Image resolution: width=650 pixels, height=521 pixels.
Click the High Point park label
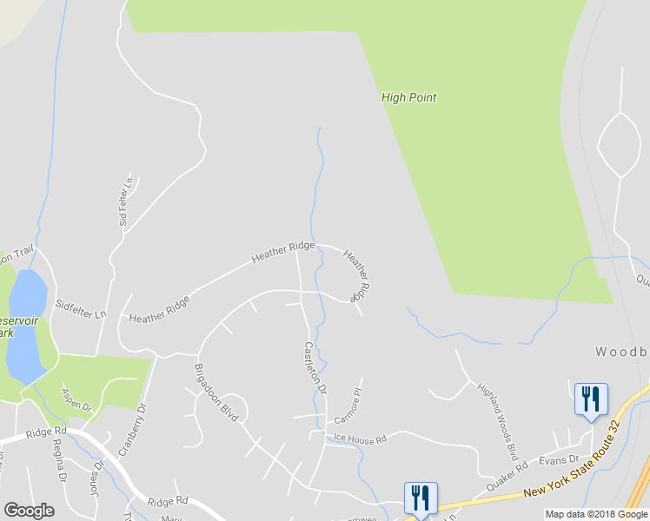[408, 97]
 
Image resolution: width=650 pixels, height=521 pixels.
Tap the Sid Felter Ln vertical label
[127, 201]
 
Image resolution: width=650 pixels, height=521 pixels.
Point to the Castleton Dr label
[315, 366]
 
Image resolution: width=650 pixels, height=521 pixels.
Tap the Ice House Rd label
[358, 440]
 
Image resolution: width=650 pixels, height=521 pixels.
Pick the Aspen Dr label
[76, 399]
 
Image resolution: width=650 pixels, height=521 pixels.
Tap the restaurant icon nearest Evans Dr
[591, 399]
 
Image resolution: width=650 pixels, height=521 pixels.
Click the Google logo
[29, 511]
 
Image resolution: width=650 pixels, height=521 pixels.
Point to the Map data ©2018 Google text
[596, 514]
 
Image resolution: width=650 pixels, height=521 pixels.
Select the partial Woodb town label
[622, 353]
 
